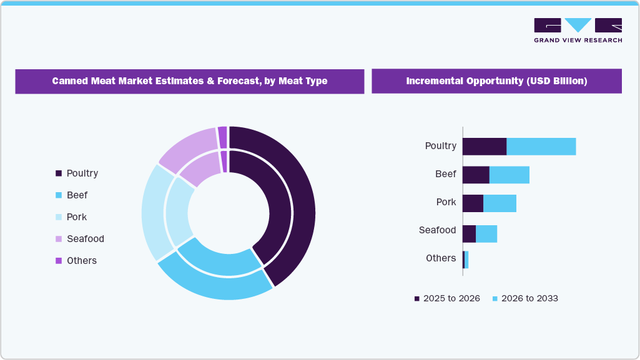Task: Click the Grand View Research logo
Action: click(578, 30)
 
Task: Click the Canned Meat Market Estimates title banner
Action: click(189, 81)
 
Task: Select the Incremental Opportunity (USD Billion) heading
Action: click(496, 81)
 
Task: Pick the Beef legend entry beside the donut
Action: click(72, 195)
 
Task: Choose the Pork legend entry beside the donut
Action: click(71, 217)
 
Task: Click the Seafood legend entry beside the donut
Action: click(80, 239)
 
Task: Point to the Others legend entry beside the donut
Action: click(76, 261)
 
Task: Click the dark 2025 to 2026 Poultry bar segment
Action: click(484, 147)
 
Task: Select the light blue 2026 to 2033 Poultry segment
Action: click(541, 147)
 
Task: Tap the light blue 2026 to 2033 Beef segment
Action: click(509, 175)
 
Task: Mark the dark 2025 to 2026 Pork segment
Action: click(473, 203)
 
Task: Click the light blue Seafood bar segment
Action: click(486, 234)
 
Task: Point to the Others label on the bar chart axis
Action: click(441, 258)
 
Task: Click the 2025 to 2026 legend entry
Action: click(447, 299)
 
